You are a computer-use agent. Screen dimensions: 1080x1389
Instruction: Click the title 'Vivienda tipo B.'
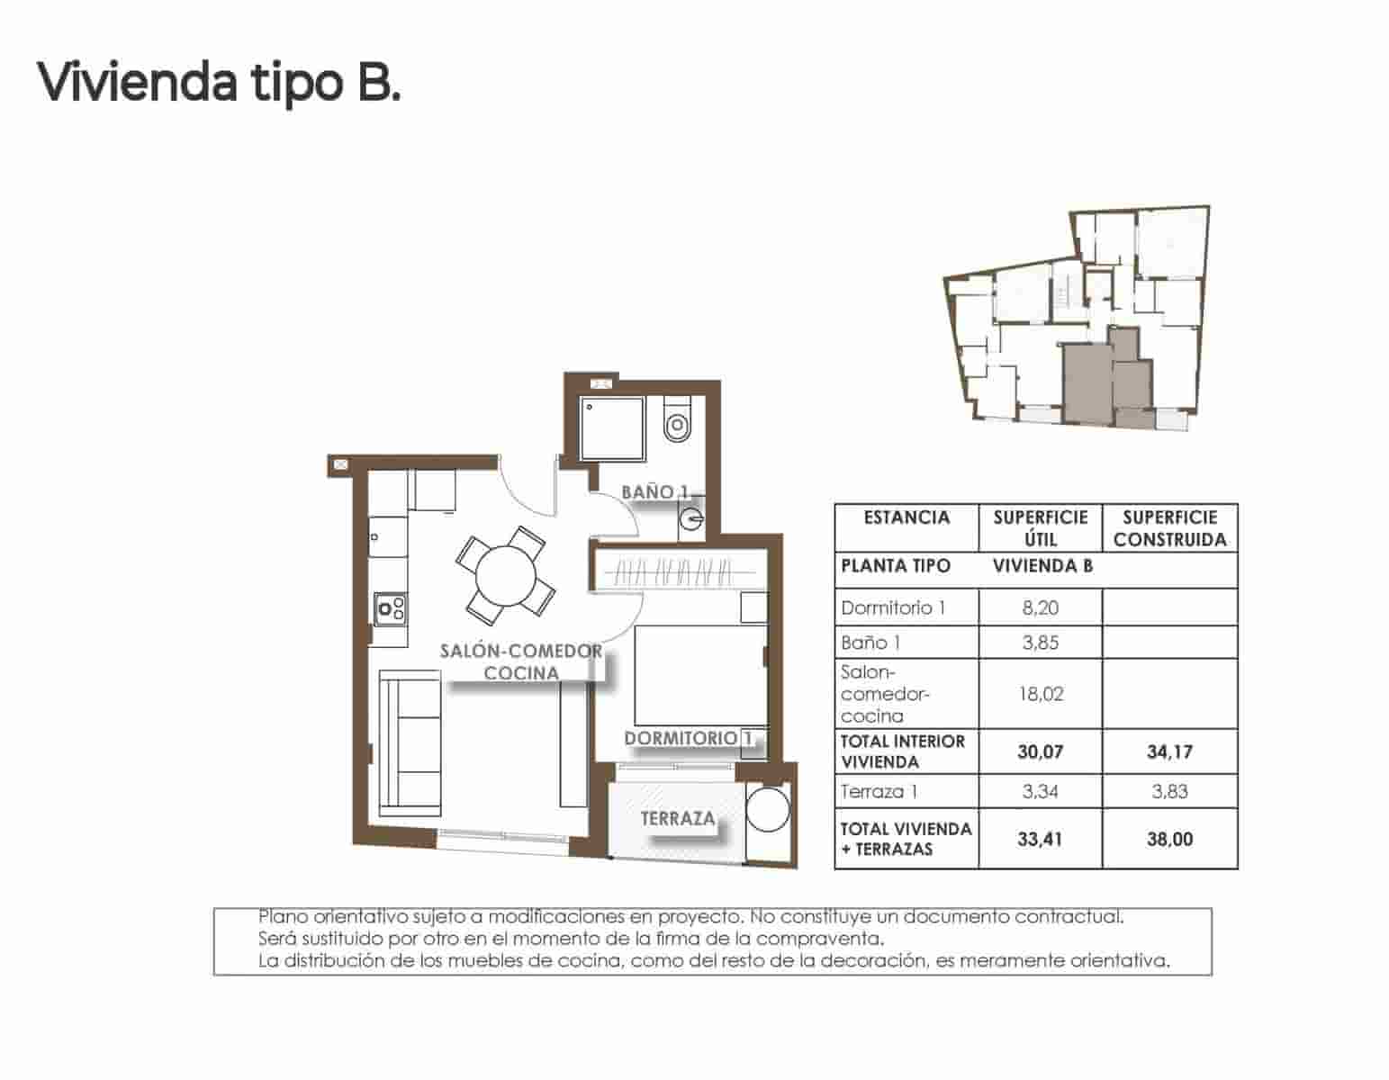click(219, 83)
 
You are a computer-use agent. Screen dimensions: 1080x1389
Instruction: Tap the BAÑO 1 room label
click(654, 492)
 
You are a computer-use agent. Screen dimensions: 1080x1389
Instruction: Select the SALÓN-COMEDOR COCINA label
click(521, 662)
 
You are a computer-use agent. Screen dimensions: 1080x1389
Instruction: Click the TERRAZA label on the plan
click(678, 819)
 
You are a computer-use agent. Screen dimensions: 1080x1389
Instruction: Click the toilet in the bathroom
click(675, 421)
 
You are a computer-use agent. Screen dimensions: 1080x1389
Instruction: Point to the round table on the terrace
click(769, 811)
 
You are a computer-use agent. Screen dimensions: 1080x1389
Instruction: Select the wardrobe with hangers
click(680, 571)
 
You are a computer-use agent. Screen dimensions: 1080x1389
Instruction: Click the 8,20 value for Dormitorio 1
click(1040, 607)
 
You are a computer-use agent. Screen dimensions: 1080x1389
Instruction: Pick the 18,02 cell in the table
click(1040, 694)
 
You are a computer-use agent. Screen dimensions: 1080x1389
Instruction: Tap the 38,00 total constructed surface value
click(1169, 839)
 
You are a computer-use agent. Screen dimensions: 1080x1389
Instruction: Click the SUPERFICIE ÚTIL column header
click(1040, 528)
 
